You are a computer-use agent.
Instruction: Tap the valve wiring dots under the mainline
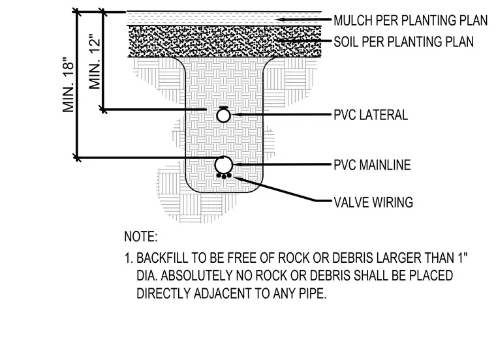(224, 176)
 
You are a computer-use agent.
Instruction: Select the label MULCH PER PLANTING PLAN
(411, 21)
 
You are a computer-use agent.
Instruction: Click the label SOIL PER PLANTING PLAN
(403, 42)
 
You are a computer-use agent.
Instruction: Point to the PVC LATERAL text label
(371, 115)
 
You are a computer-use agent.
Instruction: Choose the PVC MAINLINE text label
(372, 165)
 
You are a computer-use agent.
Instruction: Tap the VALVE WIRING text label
(373, 202)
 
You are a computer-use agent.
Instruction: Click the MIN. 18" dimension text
(69, 85)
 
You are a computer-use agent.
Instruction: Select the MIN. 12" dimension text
(95, 61)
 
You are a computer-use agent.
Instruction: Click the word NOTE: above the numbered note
(141, 237)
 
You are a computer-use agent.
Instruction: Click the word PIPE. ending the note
(313, 293)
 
